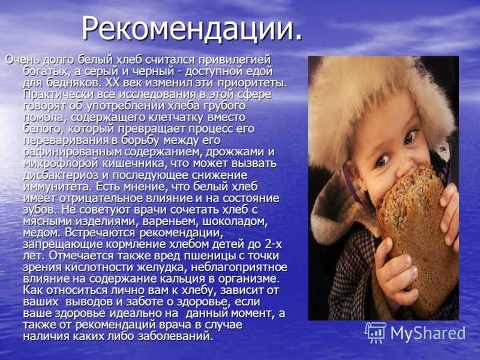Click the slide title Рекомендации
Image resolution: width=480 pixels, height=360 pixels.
tap(192, 29)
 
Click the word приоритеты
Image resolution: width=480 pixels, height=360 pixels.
tap(252, 83)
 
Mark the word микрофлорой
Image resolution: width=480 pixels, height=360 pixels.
tap(61, 164)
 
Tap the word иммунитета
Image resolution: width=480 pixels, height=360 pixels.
tap(58, 187)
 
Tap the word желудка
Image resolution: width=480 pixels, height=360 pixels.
tap(161, 268)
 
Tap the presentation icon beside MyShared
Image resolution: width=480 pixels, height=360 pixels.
tap(376, 332)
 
